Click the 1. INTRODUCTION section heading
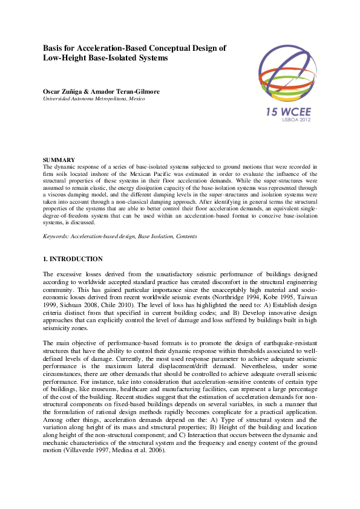coord(73,259)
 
